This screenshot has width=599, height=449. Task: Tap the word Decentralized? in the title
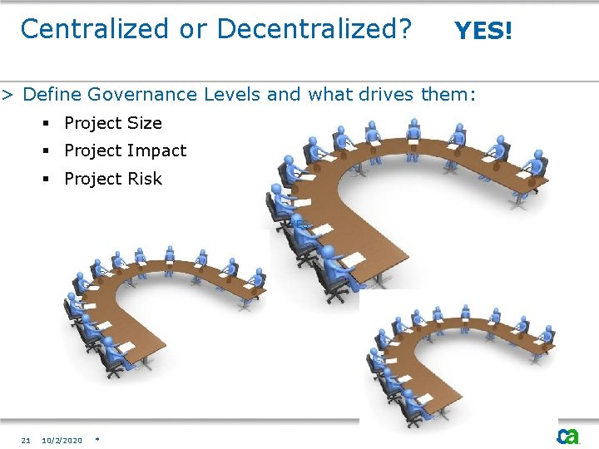point(314,29)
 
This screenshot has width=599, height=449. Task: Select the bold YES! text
point(483,32)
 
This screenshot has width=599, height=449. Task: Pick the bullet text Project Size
point(113,123)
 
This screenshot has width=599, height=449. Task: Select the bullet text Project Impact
point(125,150)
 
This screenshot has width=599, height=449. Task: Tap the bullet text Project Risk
point(113,179)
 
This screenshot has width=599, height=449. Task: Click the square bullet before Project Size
point(47,124)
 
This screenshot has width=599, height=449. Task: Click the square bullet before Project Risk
point(47,180)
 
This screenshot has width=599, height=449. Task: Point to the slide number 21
point(26,440)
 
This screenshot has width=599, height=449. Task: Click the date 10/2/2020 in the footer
point(62,440)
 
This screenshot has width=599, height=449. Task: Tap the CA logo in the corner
point(569,437)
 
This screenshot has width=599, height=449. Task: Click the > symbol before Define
point(7,94)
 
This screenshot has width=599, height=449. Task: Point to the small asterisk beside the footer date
point(97,438)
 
